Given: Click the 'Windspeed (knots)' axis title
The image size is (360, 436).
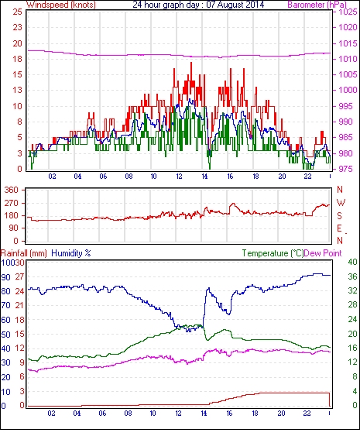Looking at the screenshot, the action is tap(61, 5).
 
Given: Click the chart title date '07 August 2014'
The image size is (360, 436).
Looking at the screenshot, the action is tap(235, 5).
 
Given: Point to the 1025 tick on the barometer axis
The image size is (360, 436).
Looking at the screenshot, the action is tap(348, 12).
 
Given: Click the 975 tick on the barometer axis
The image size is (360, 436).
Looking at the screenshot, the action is tap(345, 169).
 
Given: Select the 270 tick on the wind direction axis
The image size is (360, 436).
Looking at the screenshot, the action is tap(12, 203).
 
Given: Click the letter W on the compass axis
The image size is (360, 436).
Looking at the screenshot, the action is tap(341, 203).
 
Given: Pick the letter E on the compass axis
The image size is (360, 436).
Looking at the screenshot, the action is tap(339, 228).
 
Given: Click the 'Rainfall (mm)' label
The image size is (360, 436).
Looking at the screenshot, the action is tap(24, 253).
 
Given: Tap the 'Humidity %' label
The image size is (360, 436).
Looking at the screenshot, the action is tap(71, 253).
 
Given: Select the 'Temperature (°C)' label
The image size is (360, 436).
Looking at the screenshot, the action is tap(273, 253).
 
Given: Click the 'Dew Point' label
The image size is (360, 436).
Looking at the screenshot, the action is tap(323, 253).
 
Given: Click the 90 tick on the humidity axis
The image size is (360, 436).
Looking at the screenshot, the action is tap(6, 277).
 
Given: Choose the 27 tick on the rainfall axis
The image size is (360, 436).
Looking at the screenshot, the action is tap(19, 276).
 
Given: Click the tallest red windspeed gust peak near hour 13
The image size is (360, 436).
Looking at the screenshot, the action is tap(191, 64).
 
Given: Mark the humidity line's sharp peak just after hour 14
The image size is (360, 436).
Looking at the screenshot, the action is tap(208, 288).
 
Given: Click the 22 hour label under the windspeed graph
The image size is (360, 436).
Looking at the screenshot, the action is tap(307, 177).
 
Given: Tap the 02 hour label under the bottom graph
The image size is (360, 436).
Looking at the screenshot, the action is tap(51, 414).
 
